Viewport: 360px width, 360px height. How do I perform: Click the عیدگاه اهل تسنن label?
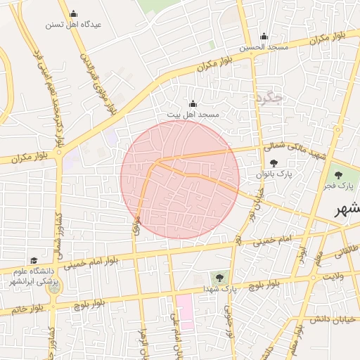point(74,24)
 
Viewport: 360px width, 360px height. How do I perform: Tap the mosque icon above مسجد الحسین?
point(264,37)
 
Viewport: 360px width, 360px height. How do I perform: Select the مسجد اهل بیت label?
point(193,114)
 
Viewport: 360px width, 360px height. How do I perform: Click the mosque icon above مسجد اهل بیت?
point(193,103)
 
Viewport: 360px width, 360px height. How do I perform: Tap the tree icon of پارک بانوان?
point(274,163)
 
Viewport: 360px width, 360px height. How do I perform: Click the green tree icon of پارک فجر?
point(339,175)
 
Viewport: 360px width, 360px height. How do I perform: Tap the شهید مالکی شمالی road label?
point(295,150)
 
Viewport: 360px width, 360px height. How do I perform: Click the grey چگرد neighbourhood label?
point(269,97)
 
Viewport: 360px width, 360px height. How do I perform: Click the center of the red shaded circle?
point(180,179)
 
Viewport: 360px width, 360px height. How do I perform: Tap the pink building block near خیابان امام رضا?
point(184,309)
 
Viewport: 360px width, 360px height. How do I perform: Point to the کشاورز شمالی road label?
point(60,232)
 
